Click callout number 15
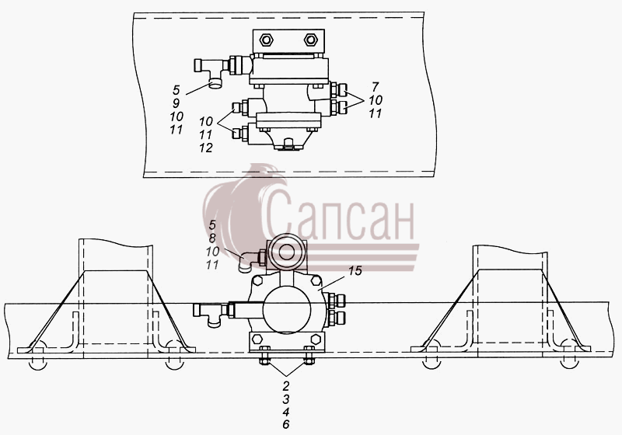(x=355, y=271)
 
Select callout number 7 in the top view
(x=376, y=86)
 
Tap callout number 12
(x=206, y=148)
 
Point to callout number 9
(x=176, y=103)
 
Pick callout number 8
(x=212, y=238)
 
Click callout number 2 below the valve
(x=286, y=385)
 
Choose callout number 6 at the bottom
(x=286, y=424)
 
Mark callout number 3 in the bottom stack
(x=286, y=398)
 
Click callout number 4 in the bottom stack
(x=286, y=412)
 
